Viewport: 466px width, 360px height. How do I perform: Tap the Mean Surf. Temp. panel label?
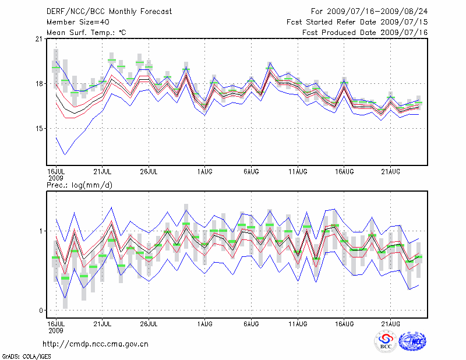[x=86, y=33]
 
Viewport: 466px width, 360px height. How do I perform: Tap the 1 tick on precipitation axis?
[x=41, y=231]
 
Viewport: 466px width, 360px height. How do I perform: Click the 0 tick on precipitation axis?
[x=41, y=310]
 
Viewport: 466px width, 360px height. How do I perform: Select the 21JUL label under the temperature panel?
[x=103, y=171]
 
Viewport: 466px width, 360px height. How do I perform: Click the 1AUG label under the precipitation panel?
[x=204, y=323]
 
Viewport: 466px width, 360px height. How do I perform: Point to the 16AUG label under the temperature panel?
[x=344, y=171]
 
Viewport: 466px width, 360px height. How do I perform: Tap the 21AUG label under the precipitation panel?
[x=390, y=323]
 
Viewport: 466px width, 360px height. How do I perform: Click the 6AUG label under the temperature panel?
[x=251, y=171]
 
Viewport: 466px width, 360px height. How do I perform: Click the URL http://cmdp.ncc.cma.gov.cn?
[x=96, y=344]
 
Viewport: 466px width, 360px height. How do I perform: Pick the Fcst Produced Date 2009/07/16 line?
[x=365, y=33]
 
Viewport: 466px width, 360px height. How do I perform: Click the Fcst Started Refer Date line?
[x=357, y=22]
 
